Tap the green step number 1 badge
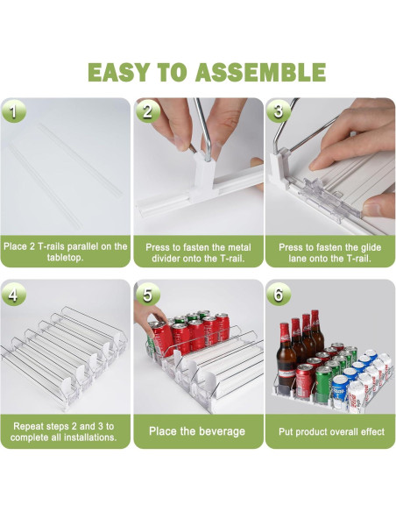click(13, 111)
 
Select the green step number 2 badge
click(147, 111)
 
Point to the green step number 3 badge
click(279, 111)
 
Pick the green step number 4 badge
click(13, 295)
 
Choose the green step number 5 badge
click(147, 295)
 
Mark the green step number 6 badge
click(279, 295)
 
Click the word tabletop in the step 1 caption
click(65, 258)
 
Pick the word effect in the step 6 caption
click(373, 431)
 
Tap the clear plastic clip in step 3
click(329, 197)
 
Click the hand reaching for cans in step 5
click(150, 318)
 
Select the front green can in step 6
click(323, 384)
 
